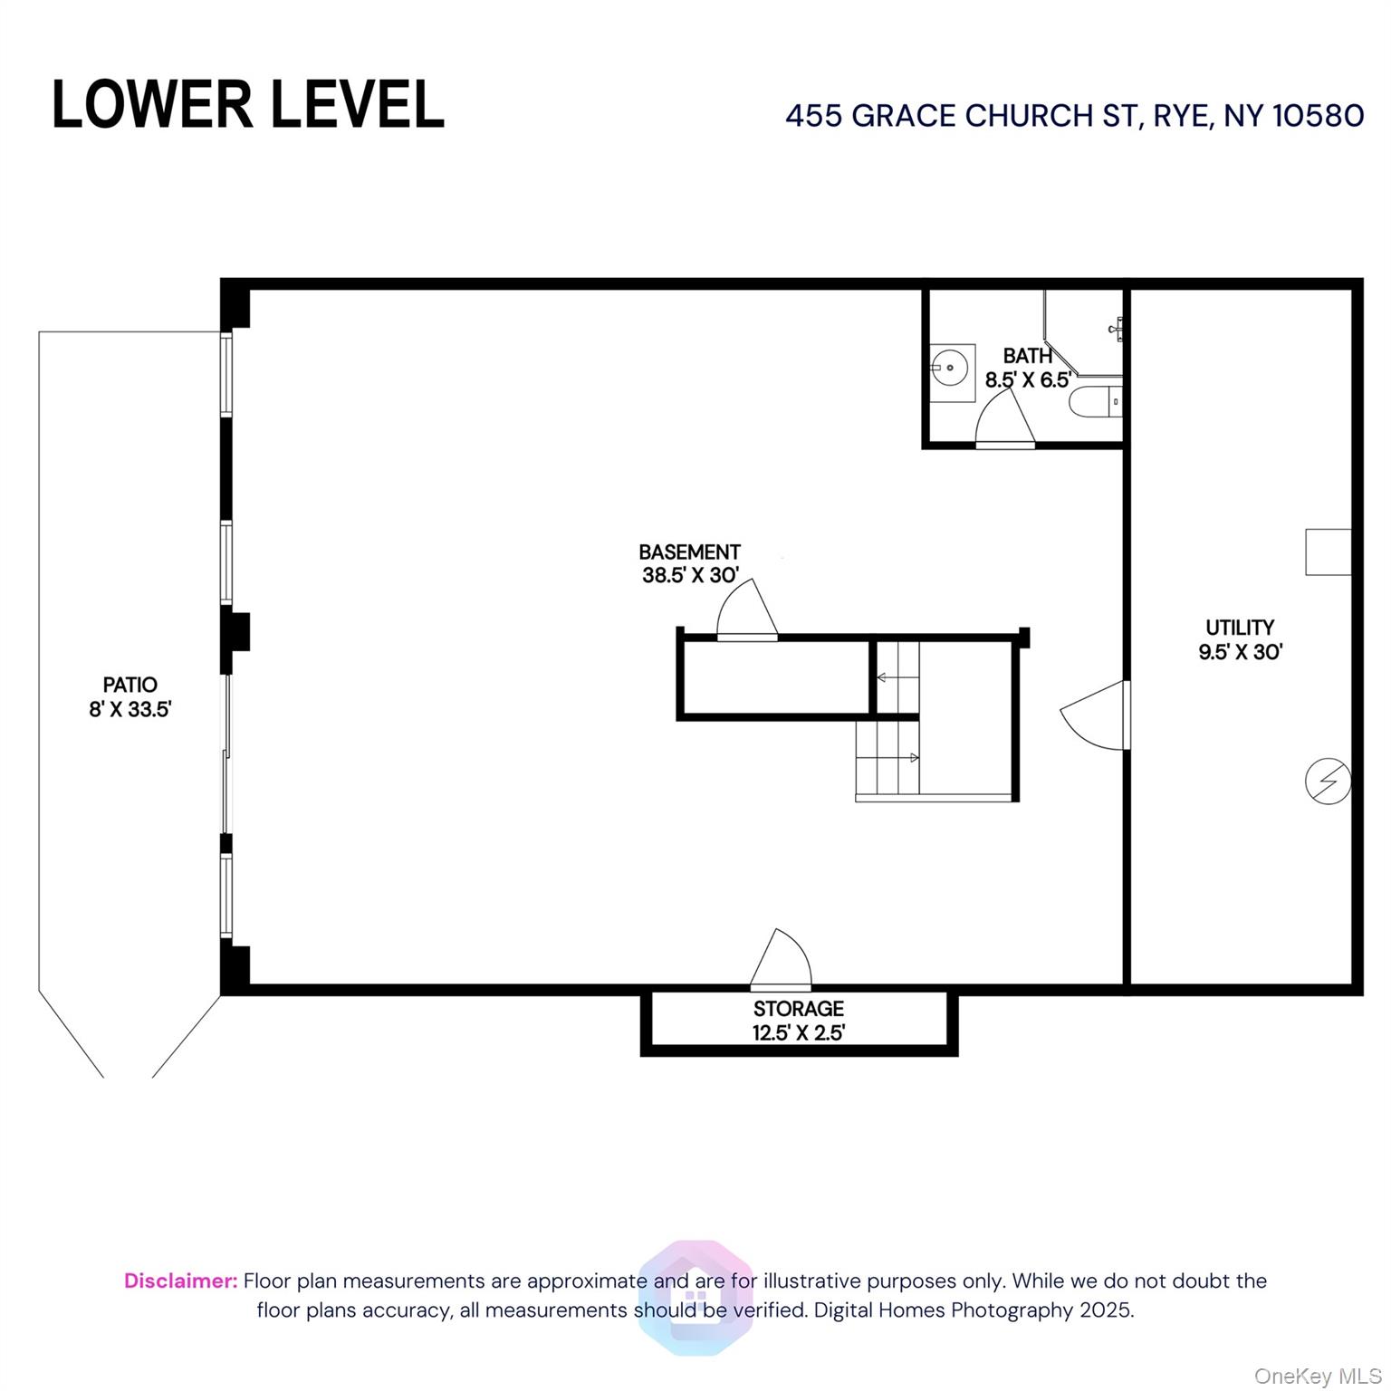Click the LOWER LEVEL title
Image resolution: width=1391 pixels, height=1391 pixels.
pyautogui.click(x=247, y=105)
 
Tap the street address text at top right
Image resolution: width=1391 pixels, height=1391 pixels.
pyautogui.click(x=1074, y=116)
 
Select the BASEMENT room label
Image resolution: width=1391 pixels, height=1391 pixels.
pyautogui.click(x=689, y=552)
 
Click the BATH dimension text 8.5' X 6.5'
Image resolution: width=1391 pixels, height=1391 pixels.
pyautogui.click(x=1028, y=380)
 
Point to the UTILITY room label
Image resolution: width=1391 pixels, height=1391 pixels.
pyautogui.click(x=1239, y=627)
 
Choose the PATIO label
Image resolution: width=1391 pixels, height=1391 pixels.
pyautogui.click(x=130, y=685)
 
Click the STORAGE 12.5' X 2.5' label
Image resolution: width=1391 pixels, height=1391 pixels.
pyautogui.click(x=798, y=1021)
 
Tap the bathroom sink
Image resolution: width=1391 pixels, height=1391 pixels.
pyautogui.click(x=953, y=367)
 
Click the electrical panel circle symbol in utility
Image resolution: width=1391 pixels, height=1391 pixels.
pyautogui.click(x=1328, y=781)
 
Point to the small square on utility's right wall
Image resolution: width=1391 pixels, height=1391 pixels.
pyautogui.click(x=1328, y=552)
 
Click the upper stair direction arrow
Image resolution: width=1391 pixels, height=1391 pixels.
pyautogui.click(x=882, y=676)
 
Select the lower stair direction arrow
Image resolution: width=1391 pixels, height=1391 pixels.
pyautogui.click(x=913, y=757)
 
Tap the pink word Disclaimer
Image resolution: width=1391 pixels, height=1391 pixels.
pyautogui.click(x=180, y=1281)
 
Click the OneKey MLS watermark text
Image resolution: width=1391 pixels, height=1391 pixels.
pyautogui.click(x=1317, y=1376)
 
